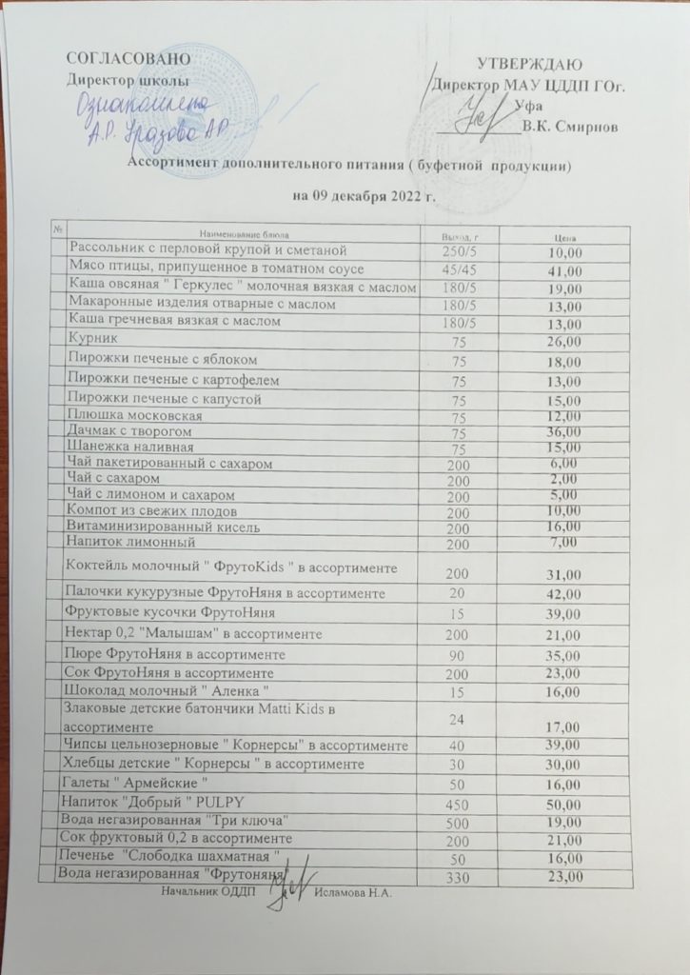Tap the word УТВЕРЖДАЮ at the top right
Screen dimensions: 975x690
529,65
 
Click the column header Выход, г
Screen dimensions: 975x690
460,235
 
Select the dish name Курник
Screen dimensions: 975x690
93,339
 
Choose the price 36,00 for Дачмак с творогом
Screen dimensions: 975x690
564,432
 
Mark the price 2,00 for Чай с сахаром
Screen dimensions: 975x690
564,479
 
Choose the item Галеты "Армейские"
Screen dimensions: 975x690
134,783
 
